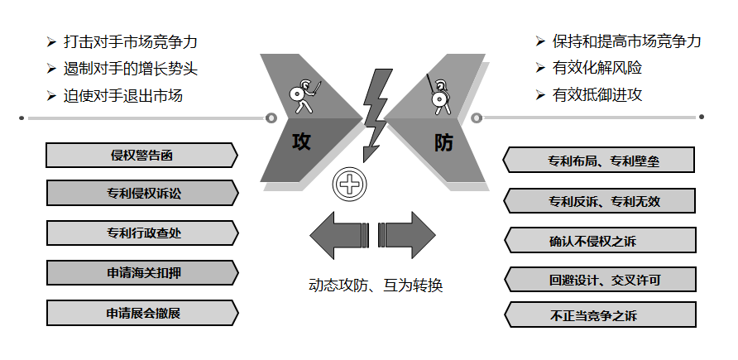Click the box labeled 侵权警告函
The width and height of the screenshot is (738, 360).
point(141,155)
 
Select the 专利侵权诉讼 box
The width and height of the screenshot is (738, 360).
point(141,194)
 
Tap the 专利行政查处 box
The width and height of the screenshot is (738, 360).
point(141,233)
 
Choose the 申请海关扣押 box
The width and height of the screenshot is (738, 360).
point(141,272)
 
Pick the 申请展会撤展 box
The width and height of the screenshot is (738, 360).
point(141,312)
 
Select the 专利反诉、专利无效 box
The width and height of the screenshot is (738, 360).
point(600,200)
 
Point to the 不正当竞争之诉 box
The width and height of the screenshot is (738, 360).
point(600,314)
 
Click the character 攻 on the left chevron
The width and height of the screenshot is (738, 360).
point(301,142)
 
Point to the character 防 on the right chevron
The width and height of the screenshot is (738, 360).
point(443,142)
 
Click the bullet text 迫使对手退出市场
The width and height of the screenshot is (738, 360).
point(123,95)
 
